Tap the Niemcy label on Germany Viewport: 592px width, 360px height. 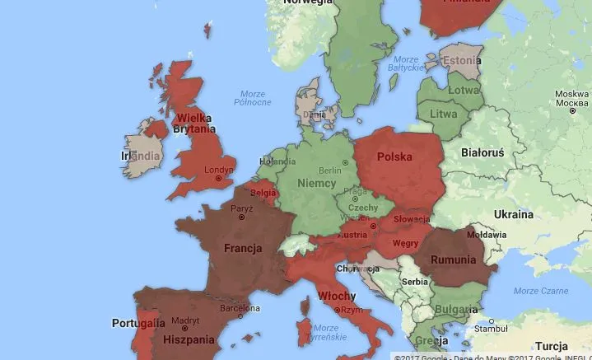[x=316, y=182]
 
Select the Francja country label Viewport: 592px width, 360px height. [x=243, y=247]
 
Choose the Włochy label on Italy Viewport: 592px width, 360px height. [x=336, y=297]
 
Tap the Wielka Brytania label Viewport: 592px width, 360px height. [x=196, y=124]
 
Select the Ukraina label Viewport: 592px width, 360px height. [x=513, y=214]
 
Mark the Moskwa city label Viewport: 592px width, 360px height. [x=571, y=94]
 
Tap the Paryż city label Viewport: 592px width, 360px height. [x=241, y=208]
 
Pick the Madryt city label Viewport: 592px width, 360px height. [x=186, y=320]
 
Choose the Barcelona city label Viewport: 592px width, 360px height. [x=234, y=309]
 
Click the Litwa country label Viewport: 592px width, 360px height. [x=444, y=114]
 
